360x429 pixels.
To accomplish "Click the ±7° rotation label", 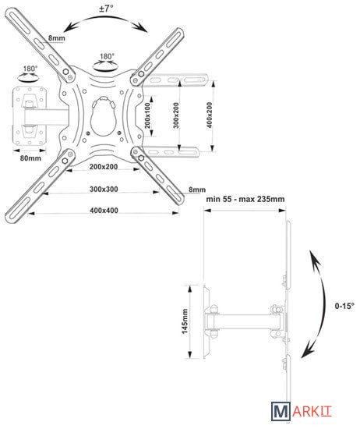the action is click(106, 9).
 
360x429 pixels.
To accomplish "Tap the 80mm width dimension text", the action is click(30, 158).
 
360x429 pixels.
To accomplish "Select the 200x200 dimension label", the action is click(104, 167).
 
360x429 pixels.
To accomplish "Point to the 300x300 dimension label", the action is click(104, 189).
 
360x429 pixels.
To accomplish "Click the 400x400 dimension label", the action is click(104, 211).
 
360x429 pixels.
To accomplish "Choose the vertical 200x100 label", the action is click(147, 115).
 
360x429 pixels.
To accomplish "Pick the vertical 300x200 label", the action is click(176, 115).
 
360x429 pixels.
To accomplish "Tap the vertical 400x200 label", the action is click(210, 115).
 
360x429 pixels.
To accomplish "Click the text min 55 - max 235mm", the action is click(245, 199).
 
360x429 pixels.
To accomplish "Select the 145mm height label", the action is click(185, 321).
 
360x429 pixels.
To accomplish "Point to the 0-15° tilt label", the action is click(344, 306).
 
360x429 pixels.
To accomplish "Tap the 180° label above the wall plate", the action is click(30, 69).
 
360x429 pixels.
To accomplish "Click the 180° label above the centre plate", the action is click(107, 56).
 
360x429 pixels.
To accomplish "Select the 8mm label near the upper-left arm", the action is click(57, 37).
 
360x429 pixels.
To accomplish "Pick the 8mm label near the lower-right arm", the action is click(197, 190).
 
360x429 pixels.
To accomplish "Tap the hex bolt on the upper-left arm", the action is click(65, 72).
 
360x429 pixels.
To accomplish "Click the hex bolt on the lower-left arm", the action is click(65, 161).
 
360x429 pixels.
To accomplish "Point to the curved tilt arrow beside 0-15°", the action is click(324, 303).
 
